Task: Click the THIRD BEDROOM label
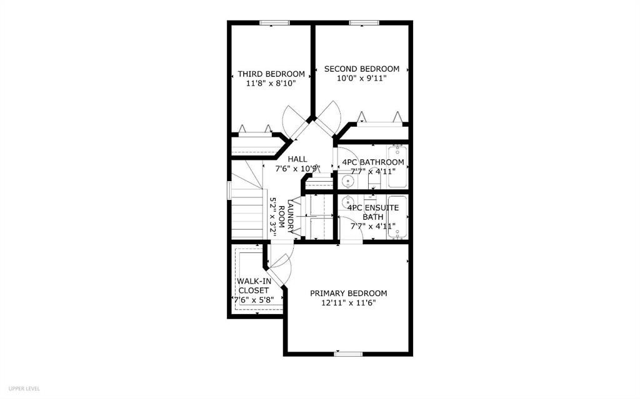tap(271, 74)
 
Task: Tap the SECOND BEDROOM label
tap(361, 69)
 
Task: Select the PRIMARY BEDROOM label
tap(349, 293)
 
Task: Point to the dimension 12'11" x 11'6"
tap(349, 303)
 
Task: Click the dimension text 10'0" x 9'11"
tap(361, 78)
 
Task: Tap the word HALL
tap(297, 159)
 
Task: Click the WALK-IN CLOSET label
tap(254, 285)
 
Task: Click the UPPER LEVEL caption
tap(24, 388)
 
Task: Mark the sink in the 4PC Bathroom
tap(348, 182)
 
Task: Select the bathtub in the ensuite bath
tap(397, 217)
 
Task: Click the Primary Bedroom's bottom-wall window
tap(348, 354)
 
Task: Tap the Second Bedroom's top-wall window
tap(361, 23)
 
